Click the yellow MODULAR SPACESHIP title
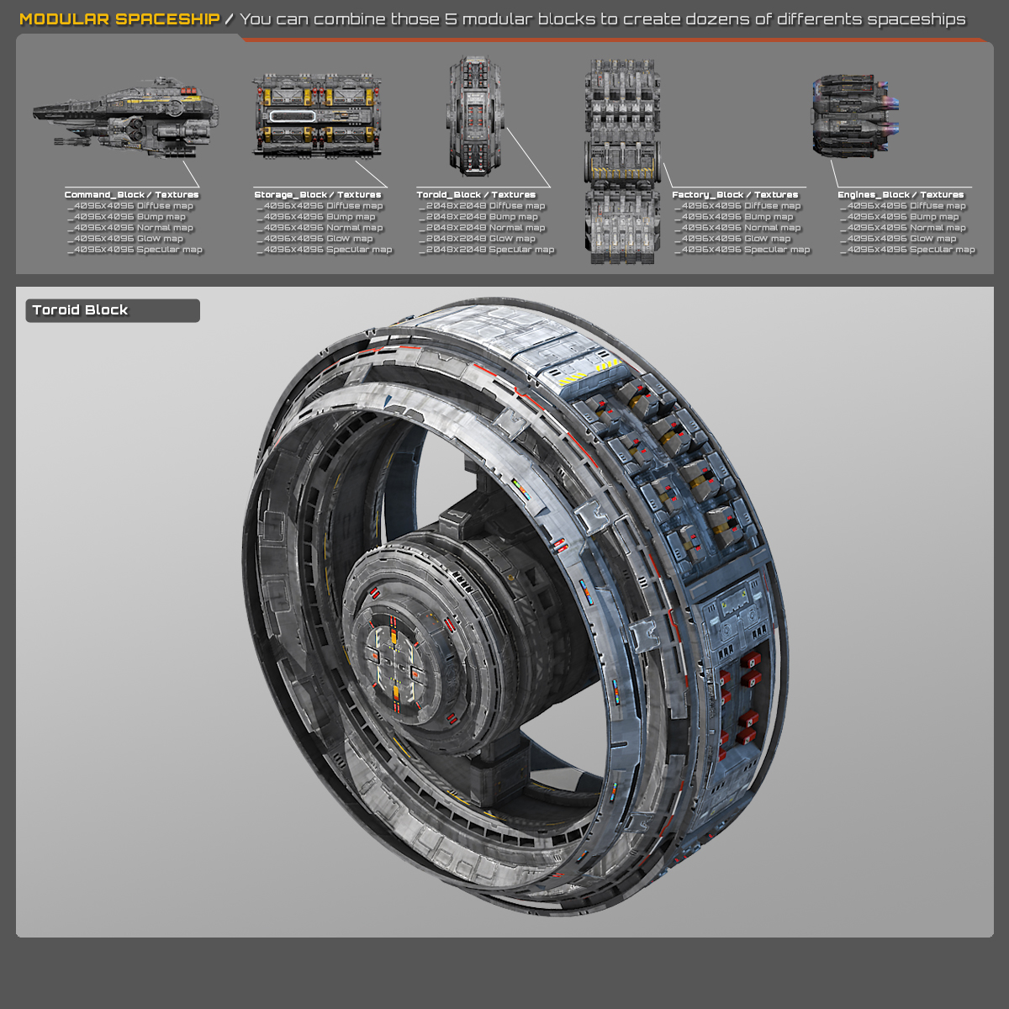(119, 18)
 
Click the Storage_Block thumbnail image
(318, 115)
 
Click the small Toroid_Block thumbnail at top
(475, 116)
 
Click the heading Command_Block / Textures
(132, 194)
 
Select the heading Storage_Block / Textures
(318, 194)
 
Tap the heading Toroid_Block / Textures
(476, 194)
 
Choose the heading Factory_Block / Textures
(735, 194)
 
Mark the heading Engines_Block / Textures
(901, 194)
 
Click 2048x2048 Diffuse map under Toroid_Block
(485, 206)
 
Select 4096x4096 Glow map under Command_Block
(128, 239)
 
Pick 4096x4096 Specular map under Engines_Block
(911, 250)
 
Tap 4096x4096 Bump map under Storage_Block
(320, 217)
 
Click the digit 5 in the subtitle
(451, 18)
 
